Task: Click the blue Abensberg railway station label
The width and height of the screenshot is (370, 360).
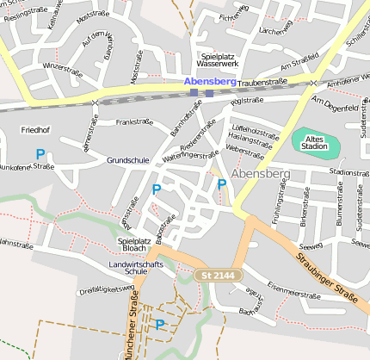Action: (209, 81)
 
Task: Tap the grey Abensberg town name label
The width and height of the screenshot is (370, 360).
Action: (261, 174)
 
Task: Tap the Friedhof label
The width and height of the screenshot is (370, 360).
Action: (34, 130)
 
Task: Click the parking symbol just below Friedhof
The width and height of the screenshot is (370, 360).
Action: (40, 154)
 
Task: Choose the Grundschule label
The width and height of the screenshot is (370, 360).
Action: (127, 161)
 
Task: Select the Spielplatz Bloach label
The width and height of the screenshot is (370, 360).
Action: (133, 245)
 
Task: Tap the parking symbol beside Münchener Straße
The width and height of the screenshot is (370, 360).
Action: (159, 324)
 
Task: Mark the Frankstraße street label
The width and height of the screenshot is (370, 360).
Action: (133, 122)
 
